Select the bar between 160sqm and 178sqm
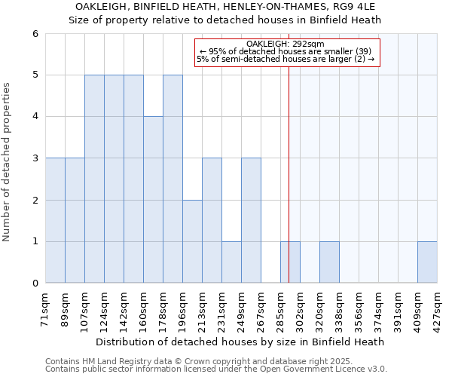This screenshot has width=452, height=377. [x=153, y=200]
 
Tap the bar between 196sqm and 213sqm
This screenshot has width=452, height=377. [x=192, y=241]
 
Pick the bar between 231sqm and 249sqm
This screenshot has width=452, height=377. [x=231, y=262]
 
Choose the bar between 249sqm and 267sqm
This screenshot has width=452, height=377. [x=251, y=220]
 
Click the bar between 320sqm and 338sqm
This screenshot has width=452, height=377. [x=329, y=262]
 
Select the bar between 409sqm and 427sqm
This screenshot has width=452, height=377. [x=427, y=262]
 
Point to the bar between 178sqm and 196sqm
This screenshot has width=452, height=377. [x=173, y=179]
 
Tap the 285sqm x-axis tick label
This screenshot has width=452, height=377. [x=281, y=309]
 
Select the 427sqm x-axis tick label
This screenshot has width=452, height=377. [x=438, y=309]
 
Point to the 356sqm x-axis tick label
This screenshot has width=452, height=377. [x=359, y=309]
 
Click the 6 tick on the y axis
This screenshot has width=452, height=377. [x=35, y=33]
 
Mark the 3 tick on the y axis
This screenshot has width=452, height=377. [x=35, y=158]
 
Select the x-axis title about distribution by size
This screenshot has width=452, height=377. [x=242, y=342]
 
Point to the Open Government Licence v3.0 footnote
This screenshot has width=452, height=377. [x=216, y=369]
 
